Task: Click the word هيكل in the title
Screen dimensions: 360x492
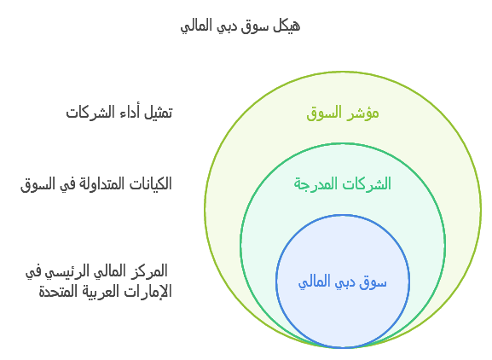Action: [285, 26]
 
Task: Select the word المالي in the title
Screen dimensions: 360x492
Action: [198, 26]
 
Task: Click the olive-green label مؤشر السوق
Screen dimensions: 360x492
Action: [342, 113]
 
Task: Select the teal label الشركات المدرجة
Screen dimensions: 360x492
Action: [342, 183]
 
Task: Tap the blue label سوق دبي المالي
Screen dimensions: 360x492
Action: [342, 282]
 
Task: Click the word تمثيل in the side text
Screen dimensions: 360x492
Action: [156, 113]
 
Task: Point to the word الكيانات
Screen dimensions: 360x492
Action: [147, 183]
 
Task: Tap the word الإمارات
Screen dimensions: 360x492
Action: [149, 292]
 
